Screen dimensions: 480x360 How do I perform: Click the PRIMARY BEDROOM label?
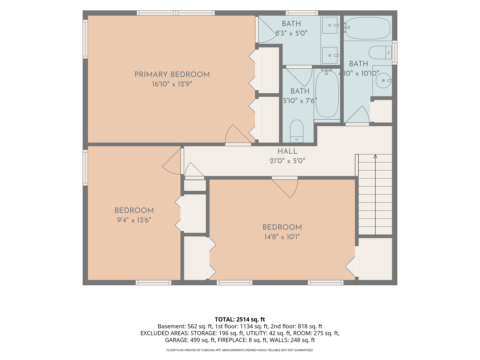tap(172, 75)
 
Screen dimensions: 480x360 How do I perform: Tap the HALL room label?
tap(287, 151)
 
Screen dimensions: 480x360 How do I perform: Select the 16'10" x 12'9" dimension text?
tap(172, 84)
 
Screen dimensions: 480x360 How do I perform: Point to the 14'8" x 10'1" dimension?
tap(282, 237)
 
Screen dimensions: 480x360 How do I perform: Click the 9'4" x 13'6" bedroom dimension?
tap(134, 220)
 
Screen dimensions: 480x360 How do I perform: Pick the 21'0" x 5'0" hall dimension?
tap(287, 161)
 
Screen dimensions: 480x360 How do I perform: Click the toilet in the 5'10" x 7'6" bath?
tap(297, 131)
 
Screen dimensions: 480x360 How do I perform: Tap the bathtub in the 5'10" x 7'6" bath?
tap(327, 94)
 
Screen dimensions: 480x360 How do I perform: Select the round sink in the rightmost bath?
tap(383, 81)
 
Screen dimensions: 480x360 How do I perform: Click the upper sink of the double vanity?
tap(330, 25)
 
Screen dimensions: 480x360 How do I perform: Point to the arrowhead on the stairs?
tap(375, 156)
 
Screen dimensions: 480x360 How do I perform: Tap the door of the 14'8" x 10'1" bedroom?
tap(285, 187)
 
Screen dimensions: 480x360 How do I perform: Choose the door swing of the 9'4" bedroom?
tap(171, 162)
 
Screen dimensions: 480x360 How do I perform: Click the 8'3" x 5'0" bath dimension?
tap(291, 33)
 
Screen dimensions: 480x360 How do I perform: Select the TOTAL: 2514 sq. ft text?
tap(240, 319)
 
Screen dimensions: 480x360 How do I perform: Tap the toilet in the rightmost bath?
tap(380, 52)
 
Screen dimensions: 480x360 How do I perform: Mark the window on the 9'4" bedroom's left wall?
tap(85, 168)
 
